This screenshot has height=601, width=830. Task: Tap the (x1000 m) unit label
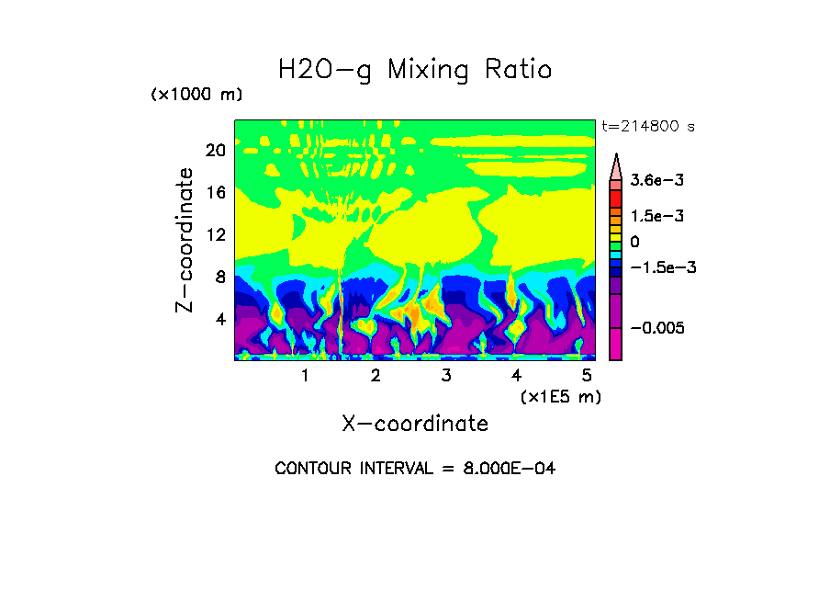196,96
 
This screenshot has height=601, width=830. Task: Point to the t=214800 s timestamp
647,127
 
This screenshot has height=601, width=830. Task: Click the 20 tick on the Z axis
215,151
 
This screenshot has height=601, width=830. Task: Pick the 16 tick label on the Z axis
215,193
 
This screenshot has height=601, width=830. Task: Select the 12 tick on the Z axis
215,235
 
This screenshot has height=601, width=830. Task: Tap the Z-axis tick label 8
219,278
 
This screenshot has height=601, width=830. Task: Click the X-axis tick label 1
305,376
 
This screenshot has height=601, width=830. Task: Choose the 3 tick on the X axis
445,376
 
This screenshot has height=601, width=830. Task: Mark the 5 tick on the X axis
586,376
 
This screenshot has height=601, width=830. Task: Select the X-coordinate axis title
415,424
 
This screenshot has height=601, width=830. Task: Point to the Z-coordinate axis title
185,240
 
